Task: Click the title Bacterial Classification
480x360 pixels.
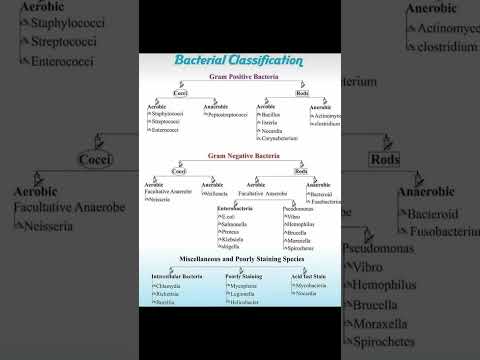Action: [x=238, y=61]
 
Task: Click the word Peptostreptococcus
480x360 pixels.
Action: [x=229, y=115]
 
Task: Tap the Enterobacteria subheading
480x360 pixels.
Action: [x=237, y=208]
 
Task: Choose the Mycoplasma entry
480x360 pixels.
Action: [x=243, y=285]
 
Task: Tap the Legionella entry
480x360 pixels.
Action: [x=243, y=293]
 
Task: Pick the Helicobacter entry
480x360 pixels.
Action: [x=244, y=301]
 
